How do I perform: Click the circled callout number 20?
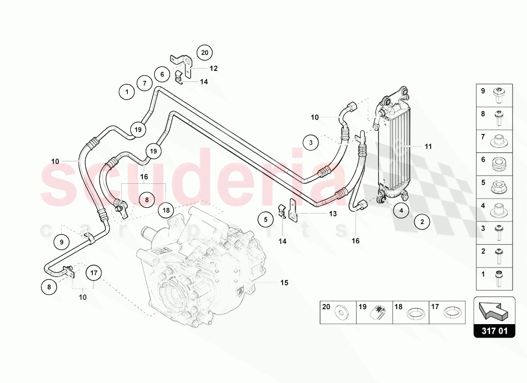tap(205, 53)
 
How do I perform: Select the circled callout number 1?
tap(127, 91)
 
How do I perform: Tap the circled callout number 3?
tap(310, 142)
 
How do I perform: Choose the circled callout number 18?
tap(166, 210)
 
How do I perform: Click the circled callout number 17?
tap(94, 273)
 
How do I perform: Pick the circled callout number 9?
tap(62, 242)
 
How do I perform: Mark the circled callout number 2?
tap(422, 222)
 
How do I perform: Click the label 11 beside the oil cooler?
tap(428, 146)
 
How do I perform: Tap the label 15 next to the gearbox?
tap(284, 283)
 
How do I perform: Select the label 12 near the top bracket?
tap(214, 68)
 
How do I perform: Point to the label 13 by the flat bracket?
tap(332, 214)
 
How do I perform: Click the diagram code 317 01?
tap(494, 330)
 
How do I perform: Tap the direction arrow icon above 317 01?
tap(494, 310)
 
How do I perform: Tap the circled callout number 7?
tap(144, 83)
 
